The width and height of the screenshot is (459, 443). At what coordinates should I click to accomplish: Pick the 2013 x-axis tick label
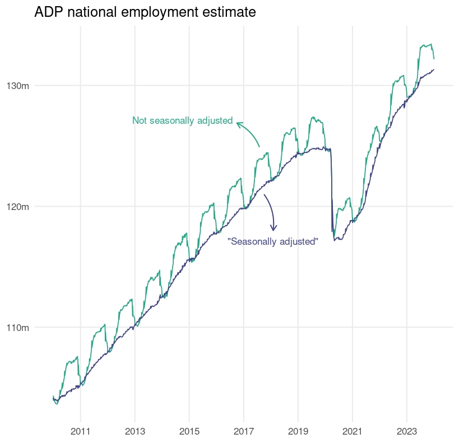135,432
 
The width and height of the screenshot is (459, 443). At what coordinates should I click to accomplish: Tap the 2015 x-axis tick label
189,432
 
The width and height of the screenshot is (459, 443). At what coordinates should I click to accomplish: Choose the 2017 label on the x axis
243,432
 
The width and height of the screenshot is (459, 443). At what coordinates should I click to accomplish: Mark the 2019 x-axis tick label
298,432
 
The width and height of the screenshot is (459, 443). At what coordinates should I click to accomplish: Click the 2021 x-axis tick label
352,432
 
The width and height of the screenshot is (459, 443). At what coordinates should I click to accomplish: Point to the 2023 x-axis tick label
406,432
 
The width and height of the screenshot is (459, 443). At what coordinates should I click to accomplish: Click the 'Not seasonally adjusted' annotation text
182,120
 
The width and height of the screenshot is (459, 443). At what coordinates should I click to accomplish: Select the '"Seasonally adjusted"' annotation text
273,241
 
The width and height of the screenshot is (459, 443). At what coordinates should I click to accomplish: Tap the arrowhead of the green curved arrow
238,123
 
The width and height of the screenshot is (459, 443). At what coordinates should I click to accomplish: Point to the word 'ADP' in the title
47,12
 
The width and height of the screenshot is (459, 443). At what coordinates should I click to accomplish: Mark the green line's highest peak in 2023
430,44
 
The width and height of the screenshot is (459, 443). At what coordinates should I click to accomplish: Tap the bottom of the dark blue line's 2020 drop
335,240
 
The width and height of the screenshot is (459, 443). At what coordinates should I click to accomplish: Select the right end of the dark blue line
434,69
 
